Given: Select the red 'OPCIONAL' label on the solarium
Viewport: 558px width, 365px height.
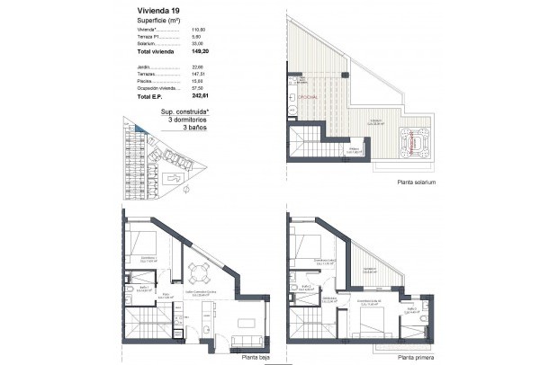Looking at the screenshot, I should (309, 94).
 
